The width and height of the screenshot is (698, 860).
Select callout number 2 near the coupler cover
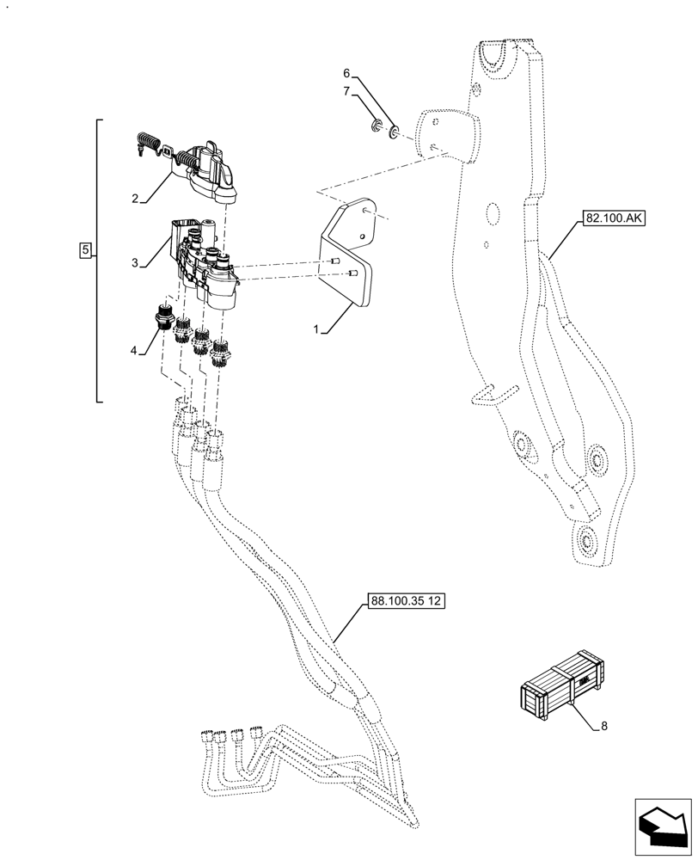[x=135, y=199]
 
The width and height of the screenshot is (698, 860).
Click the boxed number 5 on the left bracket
[x=85, y=250]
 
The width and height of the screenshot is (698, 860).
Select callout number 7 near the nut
[x=347, y=90]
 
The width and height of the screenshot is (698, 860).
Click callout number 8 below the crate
[x=603, y=726]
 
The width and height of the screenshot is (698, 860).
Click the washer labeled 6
[x=395, y=132]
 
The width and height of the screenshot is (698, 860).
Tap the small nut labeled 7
[x=377, y=129]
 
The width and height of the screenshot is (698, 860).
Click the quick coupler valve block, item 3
[x=205, y=262]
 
